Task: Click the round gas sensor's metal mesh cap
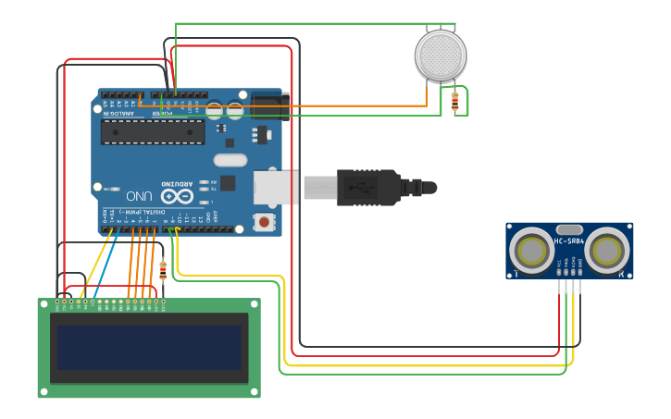coord(441,55)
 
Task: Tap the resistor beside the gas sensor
coord(454,101)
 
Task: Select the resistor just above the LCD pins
coord(164,270)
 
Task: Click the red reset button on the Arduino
coord(265,222)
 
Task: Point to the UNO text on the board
coord(140,196)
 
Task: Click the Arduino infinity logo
coord(176,196)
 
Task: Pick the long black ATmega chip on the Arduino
coord(153,131)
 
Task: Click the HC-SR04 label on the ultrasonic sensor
coord(569,241)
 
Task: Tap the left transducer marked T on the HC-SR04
coord(532,250)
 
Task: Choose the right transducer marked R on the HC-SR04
coord(607,250)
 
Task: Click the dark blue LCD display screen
coord(149,347)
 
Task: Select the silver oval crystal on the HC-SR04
coord(570,228)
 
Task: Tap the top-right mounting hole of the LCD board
coord(255,303)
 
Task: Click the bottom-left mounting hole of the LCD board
coord(43,391)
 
